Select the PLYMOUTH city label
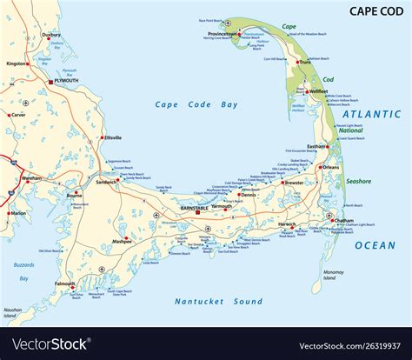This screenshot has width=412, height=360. point(59,81)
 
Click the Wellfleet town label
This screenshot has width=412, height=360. point(318,91)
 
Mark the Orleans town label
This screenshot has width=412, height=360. point(331,167)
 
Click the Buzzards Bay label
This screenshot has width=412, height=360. point(23,271)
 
